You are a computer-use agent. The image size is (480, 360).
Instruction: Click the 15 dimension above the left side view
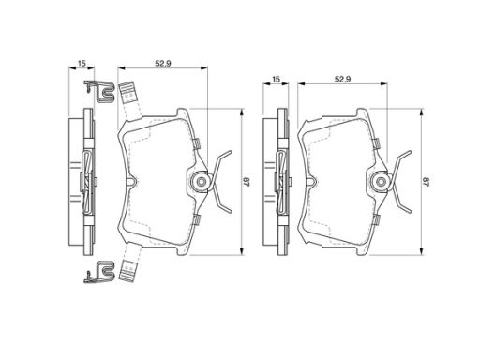(x=82, y=64)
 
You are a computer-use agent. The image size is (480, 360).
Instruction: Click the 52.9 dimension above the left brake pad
(x=163, y=64)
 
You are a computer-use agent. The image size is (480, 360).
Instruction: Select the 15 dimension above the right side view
(x=276, y=80)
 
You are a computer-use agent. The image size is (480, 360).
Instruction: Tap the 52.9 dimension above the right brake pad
(x=342, y=80)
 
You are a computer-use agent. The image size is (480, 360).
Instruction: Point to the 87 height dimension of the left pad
(x=246, y=182)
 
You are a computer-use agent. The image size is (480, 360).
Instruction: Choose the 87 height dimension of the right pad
(x=427, y=182)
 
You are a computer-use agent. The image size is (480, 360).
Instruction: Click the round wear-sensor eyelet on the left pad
(x=201, y=182)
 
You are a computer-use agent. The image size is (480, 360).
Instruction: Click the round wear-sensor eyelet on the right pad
(x=381, y=182)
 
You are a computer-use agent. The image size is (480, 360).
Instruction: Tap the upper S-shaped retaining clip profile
(x=100, y=91)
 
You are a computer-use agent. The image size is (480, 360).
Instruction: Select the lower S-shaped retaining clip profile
(x=99, y=272)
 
